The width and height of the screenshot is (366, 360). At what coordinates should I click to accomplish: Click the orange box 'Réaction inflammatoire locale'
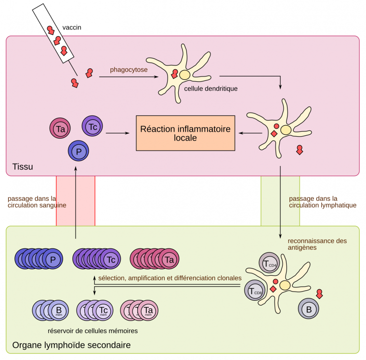coord(185,133)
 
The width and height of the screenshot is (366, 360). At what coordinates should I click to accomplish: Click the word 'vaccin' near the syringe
coord(72,27)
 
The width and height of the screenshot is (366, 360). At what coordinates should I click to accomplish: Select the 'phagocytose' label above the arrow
coord(128,69)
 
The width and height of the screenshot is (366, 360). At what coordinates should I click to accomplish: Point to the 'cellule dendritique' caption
coord(208,89)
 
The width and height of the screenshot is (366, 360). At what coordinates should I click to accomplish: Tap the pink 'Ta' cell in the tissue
coord(60,129)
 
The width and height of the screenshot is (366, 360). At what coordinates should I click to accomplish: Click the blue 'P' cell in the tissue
coord(78,151)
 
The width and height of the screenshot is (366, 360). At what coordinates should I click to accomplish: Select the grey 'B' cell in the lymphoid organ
coord(309,309)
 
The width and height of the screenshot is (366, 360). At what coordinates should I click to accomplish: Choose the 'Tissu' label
coord(23,167)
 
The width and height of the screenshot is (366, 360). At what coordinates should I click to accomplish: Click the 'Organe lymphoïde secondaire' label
coord(71,346)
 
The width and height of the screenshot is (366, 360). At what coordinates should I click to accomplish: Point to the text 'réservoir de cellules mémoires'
coord(93,331)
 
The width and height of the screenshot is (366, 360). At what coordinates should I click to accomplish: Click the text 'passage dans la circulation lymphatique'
coord(322,202)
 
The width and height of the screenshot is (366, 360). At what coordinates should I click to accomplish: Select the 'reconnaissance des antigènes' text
coord(316,244)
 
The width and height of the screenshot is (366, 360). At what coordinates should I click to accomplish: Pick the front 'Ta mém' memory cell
coord(148,310)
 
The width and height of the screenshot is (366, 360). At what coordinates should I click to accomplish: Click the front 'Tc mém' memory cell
coord(104,310)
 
